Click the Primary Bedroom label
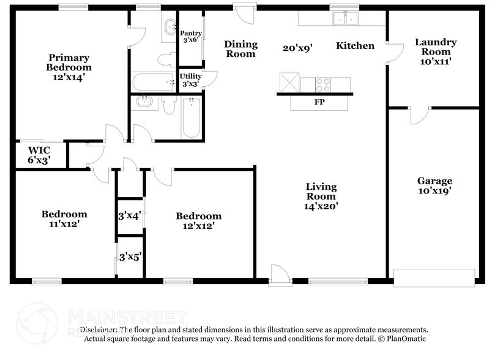(x=70, y=67)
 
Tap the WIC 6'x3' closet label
(x=39, y=155)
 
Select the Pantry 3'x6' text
(x=191, y=36)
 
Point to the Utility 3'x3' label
(x=191, y=80)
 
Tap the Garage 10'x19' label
(x=434, y=186)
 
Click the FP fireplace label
(x=319, y=102)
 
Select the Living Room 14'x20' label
(x=321, y=196)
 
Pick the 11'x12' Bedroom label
(x=64, y=219)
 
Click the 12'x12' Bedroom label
(x=198, y=221)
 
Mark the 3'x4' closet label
(x=129, y=216)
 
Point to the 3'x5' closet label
(x=130, y=257)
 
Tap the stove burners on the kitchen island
(x=324, y=84)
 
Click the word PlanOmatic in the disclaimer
(x=404, y=339)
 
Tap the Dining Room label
(x=240, y=49)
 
